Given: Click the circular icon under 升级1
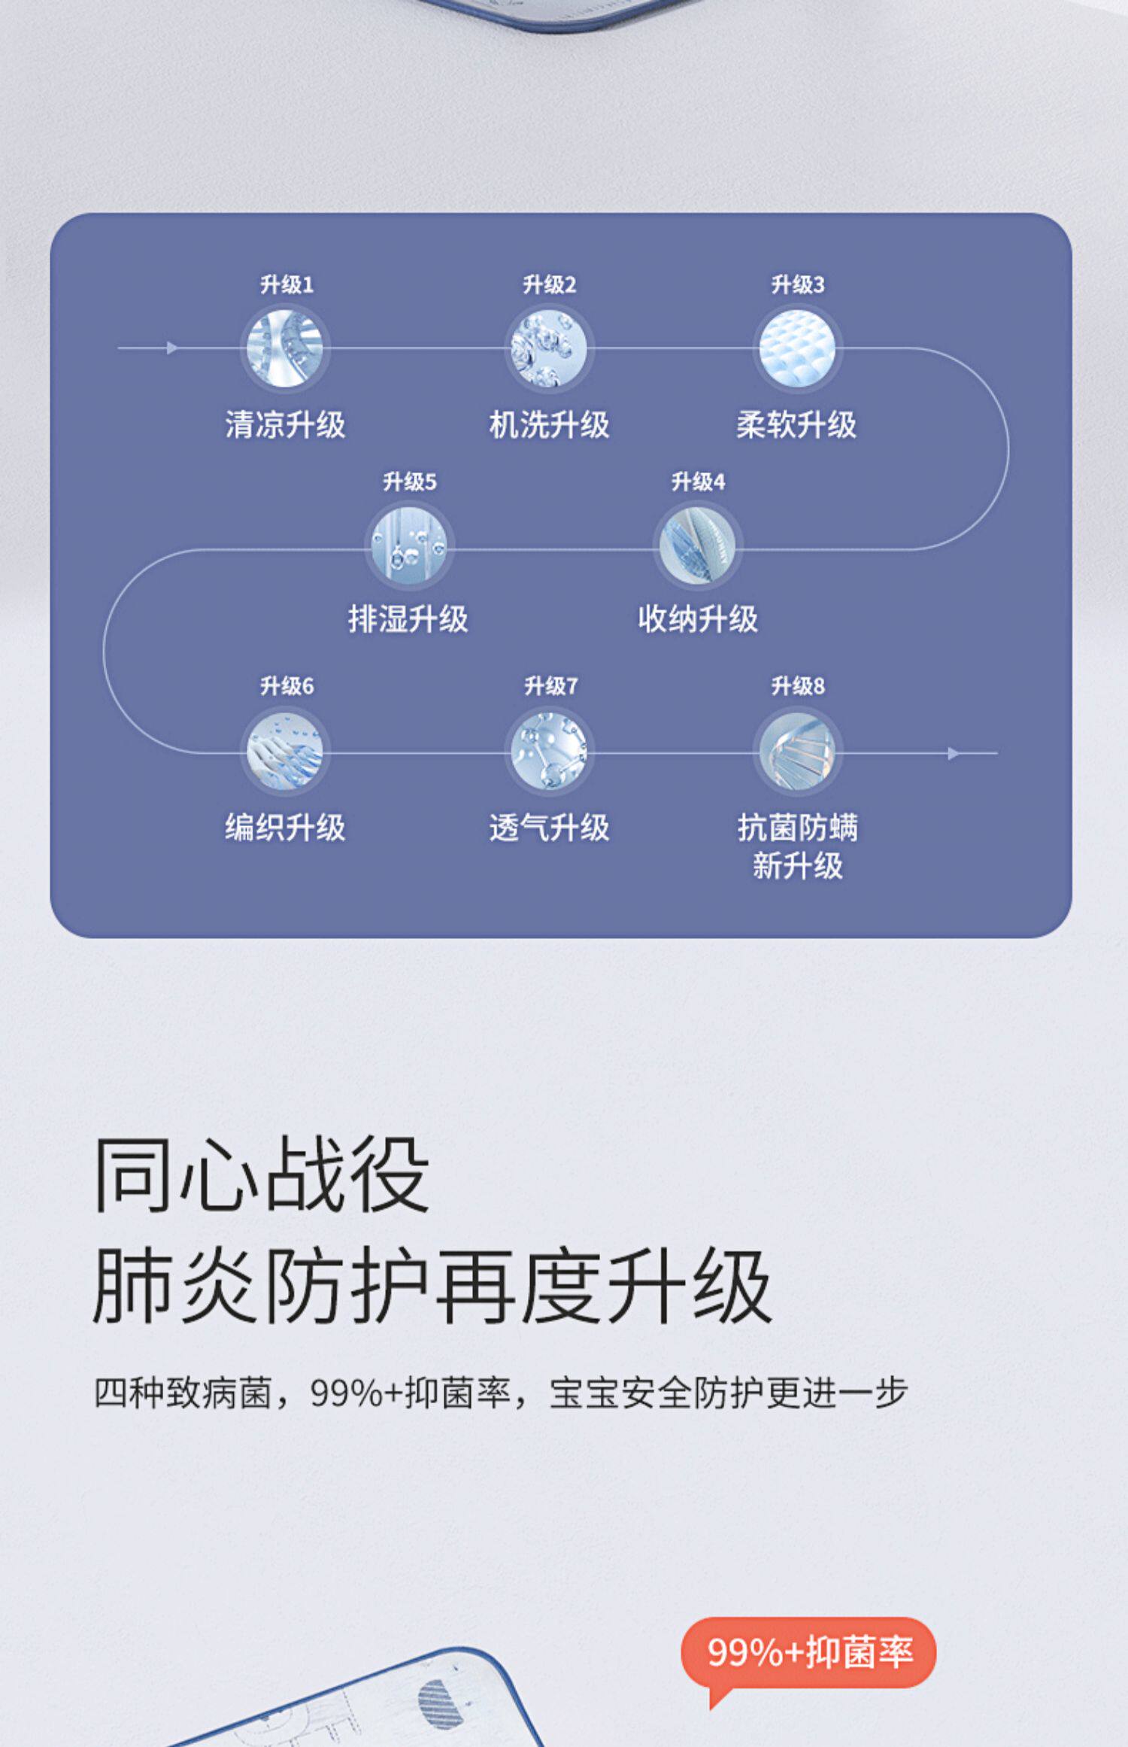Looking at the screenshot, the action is [285, 349].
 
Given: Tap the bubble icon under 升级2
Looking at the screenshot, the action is [548, 349].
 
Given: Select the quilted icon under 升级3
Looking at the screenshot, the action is [797, 349].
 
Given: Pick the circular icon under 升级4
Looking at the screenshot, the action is [697, 545].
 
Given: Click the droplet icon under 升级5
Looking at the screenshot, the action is [409, 545].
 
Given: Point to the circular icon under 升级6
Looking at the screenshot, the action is [285, 752].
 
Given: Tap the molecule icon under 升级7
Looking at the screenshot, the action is [548, 752].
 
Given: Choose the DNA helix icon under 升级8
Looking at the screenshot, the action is [797, 752].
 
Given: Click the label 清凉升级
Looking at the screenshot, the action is [285, 424].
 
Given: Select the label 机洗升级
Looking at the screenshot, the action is [549, 424].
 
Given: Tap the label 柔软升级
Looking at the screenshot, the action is [796, 424].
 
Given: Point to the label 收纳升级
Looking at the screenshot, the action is [698, 619].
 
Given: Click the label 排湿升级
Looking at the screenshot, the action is [408, 619].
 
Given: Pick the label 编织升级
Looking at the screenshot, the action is [285, 827].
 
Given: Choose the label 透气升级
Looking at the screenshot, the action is [549, 827].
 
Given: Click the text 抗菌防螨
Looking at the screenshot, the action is [797, 827].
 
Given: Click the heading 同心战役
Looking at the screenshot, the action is [261, 1174].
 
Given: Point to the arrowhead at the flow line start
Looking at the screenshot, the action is [172, 348].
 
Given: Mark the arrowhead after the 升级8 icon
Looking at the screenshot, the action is [954, 753].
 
